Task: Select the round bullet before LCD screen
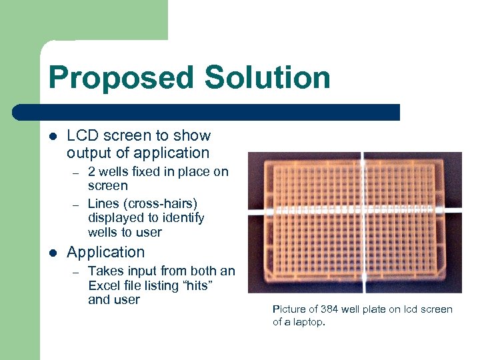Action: [53, 137]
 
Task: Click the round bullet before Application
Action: [53, 253]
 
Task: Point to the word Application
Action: [105, 253]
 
